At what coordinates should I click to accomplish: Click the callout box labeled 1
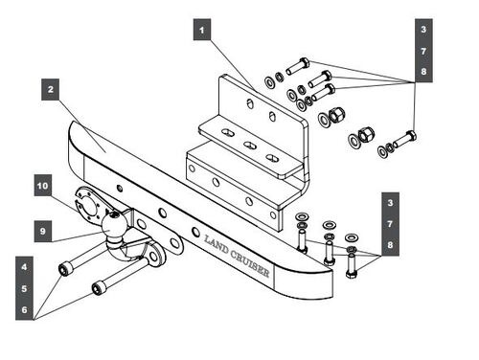(x=202, y=30)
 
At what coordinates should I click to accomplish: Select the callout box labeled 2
(x=51, y=89)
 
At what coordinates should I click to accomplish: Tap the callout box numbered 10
(x=43, y=186)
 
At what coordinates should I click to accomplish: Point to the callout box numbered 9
(x=43, y=231)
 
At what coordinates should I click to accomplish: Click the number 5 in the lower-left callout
(x=24, y=288)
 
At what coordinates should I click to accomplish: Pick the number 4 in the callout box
(x=24, y=267)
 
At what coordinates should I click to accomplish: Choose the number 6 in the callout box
(x=24, y=309)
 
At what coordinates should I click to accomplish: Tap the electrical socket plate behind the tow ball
(x=89, y=204)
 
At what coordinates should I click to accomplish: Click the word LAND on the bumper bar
(x=217, y=244)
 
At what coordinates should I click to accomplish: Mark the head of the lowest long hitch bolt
(x=97, y=287)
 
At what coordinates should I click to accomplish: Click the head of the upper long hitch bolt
(x=64, y=268)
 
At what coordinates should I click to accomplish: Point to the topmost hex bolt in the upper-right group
(x=298, y=66)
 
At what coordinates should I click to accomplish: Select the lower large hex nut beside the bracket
(x=366, y=135)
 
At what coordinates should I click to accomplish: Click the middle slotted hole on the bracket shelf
(x=250, y=146)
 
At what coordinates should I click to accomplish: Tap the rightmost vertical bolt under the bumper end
(x=352, y=264)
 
